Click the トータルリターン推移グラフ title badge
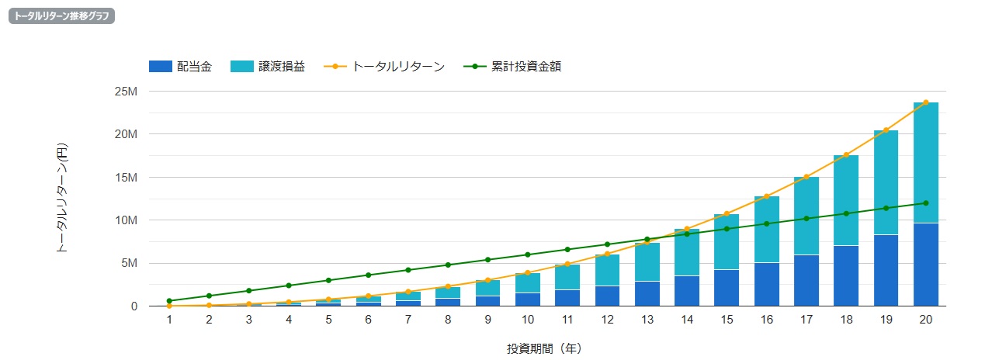pyautogui.click(x=61, y=16)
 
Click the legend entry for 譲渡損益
pyautogui.click(x=268, y=67)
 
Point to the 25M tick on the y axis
pyautogui.click(x=127, y=92)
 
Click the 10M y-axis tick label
pyautogui.click(x=127, y=220)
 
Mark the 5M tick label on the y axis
pyautogui.click(x=129, y=263)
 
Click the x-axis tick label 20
pyautogui.click(x=925, y=319)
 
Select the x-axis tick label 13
pyautogui.click(x=647, y=319)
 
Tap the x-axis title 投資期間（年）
pyautogui.click(x=547, y=348)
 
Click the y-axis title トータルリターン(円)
pyautogui.click(x=62, y=198)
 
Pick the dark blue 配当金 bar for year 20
pyautogui.click(x=925, y=265)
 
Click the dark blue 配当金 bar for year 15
pyautogui.click(x=727, y=288)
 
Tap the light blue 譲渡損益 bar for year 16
pyautogui.click(x=766, y=230)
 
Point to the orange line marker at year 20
pyautogui.click(x=925, y=102)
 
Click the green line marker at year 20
pyautogui.click(x=925, y=203)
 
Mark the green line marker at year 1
pyautogui.click(x=169, y=301)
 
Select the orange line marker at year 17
pyautogui.click(x=806, y=177)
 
